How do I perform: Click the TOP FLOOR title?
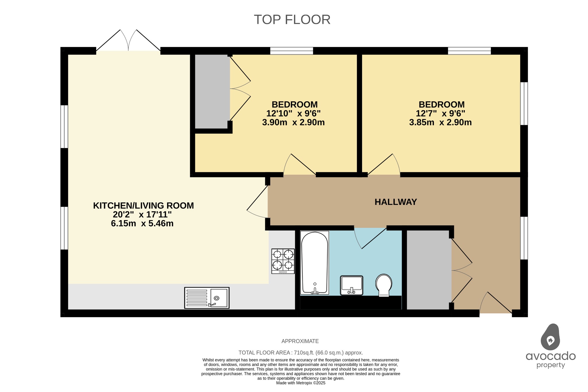(292, 20)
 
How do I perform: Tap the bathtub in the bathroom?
(314, 263)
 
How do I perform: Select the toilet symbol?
(384, 285)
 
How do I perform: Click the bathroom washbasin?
(351, 285)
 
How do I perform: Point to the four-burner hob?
(283, 261)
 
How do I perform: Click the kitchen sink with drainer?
(207, 298)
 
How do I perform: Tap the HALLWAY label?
(395, 202)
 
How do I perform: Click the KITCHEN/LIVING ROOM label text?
(143, 206)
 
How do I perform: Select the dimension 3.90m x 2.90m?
(293, 123)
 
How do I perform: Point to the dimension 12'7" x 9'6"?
(440, 114)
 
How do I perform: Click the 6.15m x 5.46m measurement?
(142, 224)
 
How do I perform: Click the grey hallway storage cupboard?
(429, 269)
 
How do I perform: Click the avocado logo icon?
(550, 337)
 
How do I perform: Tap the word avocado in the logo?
(550, 356)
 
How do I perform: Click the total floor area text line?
(301, 353)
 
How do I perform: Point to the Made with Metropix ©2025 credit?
(301, 383)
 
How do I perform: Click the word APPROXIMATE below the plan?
(300, 341)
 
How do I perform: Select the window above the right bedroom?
(469, 51)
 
